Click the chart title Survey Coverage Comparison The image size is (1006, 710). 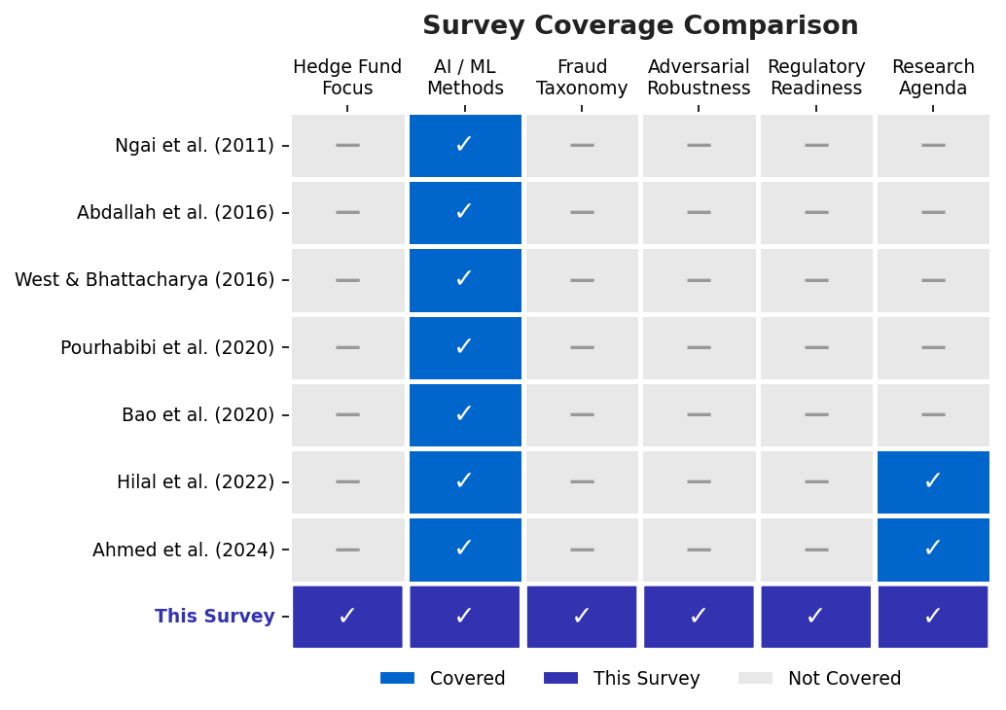coord(640,26)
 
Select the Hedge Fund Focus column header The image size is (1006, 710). coord(347,78)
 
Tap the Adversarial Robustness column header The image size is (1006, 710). coord(699,78)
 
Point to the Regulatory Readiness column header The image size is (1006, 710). coord(816,78)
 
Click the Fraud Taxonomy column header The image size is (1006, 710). coord(582,78)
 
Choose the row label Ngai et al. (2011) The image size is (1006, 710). coord(195,146)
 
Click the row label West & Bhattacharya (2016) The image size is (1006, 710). coord(144,280)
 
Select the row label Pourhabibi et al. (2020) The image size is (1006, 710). coord(167,347)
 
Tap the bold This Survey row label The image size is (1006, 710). coord(214,617)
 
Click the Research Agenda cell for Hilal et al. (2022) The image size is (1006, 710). coord(933,481)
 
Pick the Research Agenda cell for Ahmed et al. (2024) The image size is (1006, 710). coord(933,550)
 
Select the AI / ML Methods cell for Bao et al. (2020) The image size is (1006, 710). coord(465,414)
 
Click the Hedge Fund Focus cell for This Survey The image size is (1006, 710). coord(347,617)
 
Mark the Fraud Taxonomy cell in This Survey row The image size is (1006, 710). coord(582,617)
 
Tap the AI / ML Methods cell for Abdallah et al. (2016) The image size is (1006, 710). coord(465,212)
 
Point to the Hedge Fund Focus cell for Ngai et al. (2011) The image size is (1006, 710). coord(347,146)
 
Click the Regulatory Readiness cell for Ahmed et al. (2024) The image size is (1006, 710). coord(816,550)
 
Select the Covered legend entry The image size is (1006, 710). coord(443,679)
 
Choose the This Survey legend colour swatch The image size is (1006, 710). coord(560,679)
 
